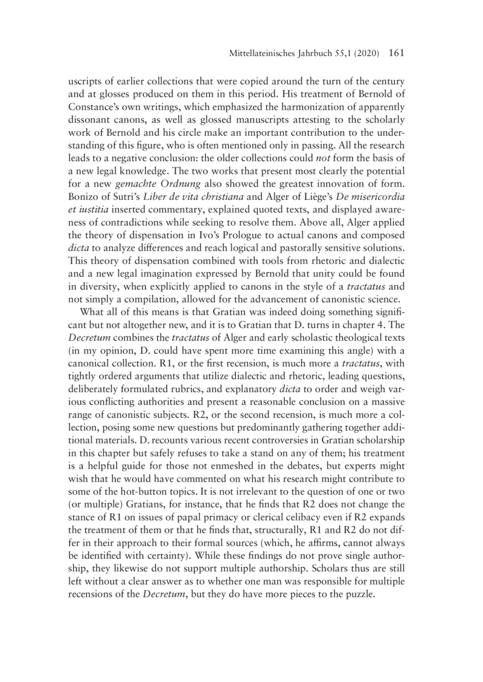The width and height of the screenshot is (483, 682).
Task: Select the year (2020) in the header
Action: point(364,54)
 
